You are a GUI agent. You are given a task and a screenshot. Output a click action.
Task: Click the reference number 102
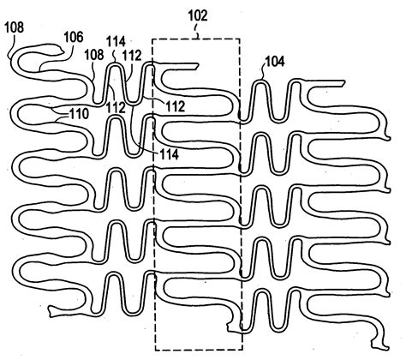[199, 15]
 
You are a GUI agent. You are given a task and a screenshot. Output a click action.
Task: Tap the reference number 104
[276, 61]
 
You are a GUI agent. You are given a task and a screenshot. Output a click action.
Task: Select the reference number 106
[74, 38]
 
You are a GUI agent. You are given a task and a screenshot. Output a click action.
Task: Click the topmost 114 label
[116, 41]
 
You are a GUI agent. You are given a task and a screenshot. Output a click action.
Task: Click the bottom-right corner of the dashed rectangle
[242, 350]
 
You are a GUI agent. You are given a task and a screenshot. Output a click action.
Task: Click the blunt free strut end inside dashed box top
[198, 66]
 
